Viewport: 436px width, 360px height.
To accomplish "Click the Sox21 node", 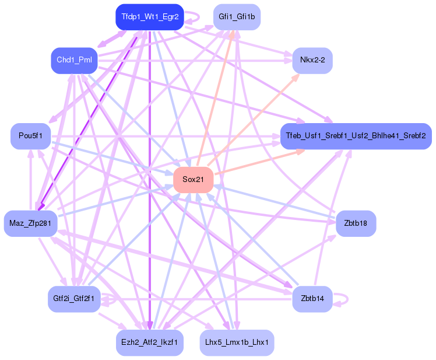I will (193, 179).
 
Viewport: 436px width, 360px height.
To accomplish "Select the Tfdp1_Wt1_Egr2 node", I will (150, 16).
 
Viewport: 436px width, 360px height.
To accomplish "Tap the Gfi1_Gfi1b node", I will (237, 16).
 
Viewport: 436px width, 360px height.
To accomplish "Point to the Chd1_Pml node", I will (74, 60).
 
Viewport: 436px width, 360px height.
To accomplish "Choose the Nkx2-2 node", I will (312, 60).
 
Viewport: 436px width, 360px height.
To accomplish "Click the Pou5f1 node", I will (30, 135).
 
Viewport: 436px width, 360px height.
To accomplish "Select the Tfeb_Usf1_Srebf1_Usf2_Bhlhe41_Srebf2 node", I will (356, 135).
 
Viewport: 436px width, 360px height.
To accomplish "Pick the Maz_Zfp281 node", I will (30, 223).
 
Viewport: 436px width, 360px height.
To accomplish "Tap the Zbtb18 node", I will (356, 223).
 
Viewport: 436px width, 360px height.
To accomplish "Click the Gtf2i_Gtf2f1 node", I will (74, 299).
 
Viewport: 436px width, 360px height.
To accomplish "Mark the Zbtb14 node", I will (312, 299).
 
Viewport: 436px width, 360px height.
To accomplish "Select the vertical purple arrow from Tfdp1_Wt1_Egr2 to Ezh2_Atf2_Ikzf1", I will (150, 175).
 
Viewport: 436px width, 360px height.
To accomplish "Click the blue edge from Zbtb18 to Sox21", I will (274, 201).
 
